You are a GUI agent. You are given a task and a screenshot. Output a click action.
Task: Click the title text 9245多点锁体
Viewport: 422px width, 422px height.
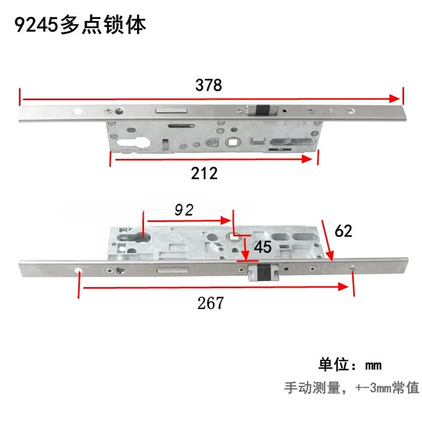80,24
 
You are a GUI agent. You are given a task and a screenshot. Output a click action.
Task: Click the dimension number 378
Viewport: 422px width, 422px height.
209,85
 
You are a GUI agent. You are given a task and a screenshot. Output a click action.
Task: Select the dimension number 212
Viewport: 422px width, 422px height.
205,172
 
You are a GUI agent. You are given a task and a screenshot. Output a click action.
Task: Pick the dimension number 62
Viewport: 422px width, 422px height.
342,231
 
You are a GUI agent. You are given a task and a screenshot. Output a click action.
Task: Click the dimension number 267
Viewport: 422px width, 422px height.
210,303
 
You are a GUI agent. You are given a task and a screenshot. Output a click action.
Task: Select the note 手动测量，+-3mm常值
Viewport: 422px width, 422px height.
351,388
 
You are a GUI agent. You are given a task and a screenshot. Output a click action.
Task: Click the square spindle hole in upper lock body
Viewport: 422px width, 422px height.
232,141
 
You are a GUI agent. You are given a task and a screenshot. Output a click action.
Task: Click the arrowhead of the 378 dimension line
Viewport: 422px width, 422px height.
395,99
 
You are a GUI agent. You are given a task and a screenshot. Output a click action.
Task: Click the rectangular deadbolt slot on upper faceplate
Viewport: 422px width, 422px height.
171,111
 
